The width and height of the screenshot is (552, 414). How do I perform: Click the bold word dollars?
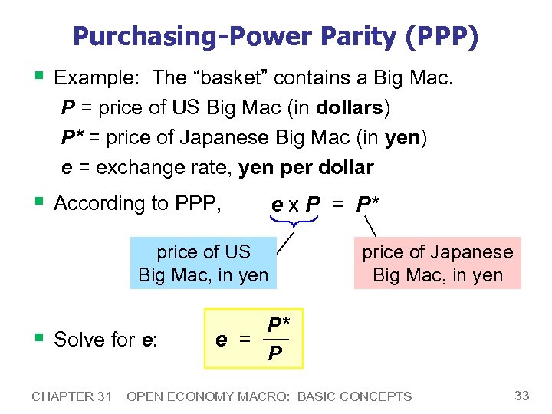pyautogui.click(x=349, y=107)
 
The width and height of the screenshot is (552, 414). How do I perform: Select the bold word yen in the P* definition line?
pyautogui.click(x=404, y=137)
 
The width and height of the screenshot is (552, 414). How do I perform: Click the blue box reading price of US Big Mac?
pyautogui.click(x=203, y=263)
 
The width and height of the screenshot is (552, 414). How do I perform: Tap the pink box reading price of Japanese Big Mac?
pyautogui.click(x=437, y=263)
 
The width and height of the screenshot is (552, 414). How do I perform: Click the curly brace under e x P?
pyautogui.click(x=294, y=221)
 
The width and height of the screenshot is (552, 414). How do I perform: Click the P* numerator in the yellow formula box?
pyautogui.click(x=278, y=325)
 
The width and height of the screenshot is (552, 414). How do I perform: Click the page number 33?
pyautogui.click(x=522, y=396)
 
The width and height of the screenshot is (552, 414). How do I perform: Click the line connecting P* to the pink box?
pyautogui.click(x=372, y=226)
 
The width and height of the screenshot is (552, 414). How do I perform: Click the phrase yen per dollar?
pyautogui.click(x=307, y=168)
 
